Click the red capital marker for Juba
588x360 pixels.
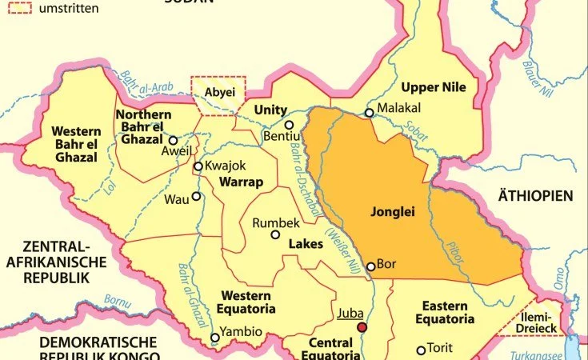click(x=362, y=326)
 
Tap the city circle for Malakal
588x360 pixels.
click(x=369, y=113)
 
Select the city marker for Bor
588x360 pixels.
click(x=370, y=266)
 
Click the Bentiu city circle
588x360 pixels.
click(x=289, y=125)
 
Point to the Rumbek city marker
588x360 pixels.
click(x=275, y=234)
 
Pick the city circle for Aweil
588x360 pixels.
click(x=173, y=139)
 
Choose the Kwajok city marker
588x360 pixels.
click(x=198, y=166)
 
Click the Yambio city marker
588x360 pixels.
click(x=214, y=338)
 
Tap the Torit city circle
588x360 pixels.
click(x=421, y=350)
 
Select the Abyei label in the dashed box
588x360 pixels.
click(x=217, y=92)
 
